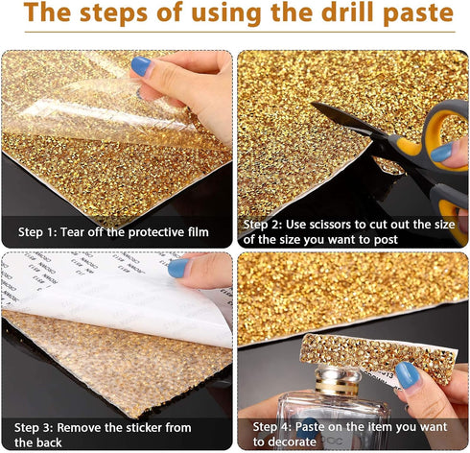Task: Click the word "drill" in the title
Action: click(x=347, y=12)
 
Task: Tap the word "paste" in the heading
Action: click(x=418, y=13)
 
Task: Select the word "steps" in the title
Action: click(x=114, y=13)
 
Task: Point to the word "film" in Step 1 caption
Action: click(x=199, y=232)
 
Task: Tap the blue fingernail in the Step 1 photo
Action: click(x=141, y=66)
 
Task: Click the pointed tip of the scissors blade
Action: click(x=312, y=104)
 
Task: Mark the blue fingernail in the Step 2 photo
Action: click(x=442, y=152)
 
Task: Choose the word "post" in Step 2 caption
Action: click(x=386, y=240)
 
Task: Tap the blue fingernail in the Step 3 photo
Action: click(x=178, y=268)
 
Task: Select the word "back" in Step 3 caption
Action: click(x=49, y=442)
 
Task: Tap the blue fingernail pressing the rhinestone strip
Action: click(x=408, y=375)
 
